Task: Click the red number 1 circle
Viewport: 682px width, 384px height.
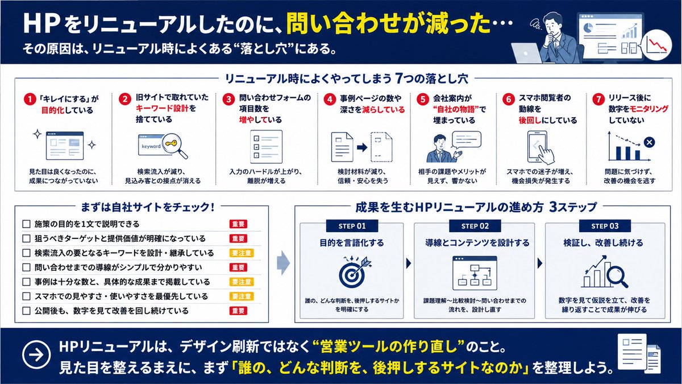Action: (x=30, y=100)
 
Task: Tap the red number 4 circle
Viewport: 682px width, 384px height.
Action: (x=330, y=100)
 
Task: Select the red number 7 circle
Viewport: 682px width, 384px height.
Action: (x=598, y=100)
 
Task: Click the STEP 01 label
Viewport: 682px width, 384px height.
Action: (x=352, y=226)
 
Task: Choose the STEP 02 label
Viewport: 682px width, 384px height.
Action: (x=475, y=226)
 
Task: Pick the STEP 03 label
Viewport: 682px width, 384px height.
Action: (x=605, y=226)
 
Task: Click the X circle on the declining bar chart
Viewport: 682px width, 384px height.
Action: (x=650, y=142)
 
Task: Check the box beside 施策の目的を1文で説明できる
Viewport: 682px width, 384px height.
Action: (x=27, y=224)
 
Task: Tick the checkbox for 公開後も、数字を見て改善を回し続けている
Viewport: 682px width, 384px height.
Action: (x=27, y=311)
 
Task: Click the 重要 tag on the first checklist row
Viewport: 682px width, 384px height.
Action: (x=238, y=224)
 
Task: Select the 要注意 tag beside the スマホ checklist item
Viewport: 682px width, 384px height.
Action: (x=242, y=296)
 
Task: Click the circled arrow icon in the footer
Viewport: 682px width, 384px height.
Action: (x=36, y=354)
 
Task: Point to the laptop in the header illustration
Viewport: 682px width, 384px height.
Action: (x=527, y=53)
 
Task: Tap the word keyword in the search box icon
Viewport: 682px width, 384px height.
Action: (x=151, y=146)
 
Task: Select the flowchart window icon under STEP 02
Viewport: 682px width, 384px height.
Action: (x=475, y=273)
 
